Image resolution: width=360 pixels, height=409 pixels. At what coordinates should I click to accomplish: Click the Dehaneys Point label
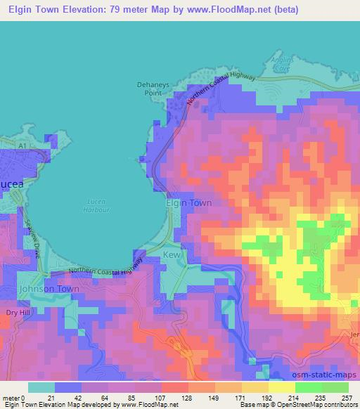pyautogui.click(x=150, y=87)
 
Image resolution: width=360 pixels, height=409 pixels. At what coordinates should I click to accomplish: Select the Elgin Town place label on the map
pyautogui.click(x=188, y=202)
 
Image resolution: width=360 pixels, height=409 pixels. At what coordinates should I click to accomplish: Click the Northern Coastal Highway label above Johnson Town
pyautogui.click(x=106, y=267)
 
